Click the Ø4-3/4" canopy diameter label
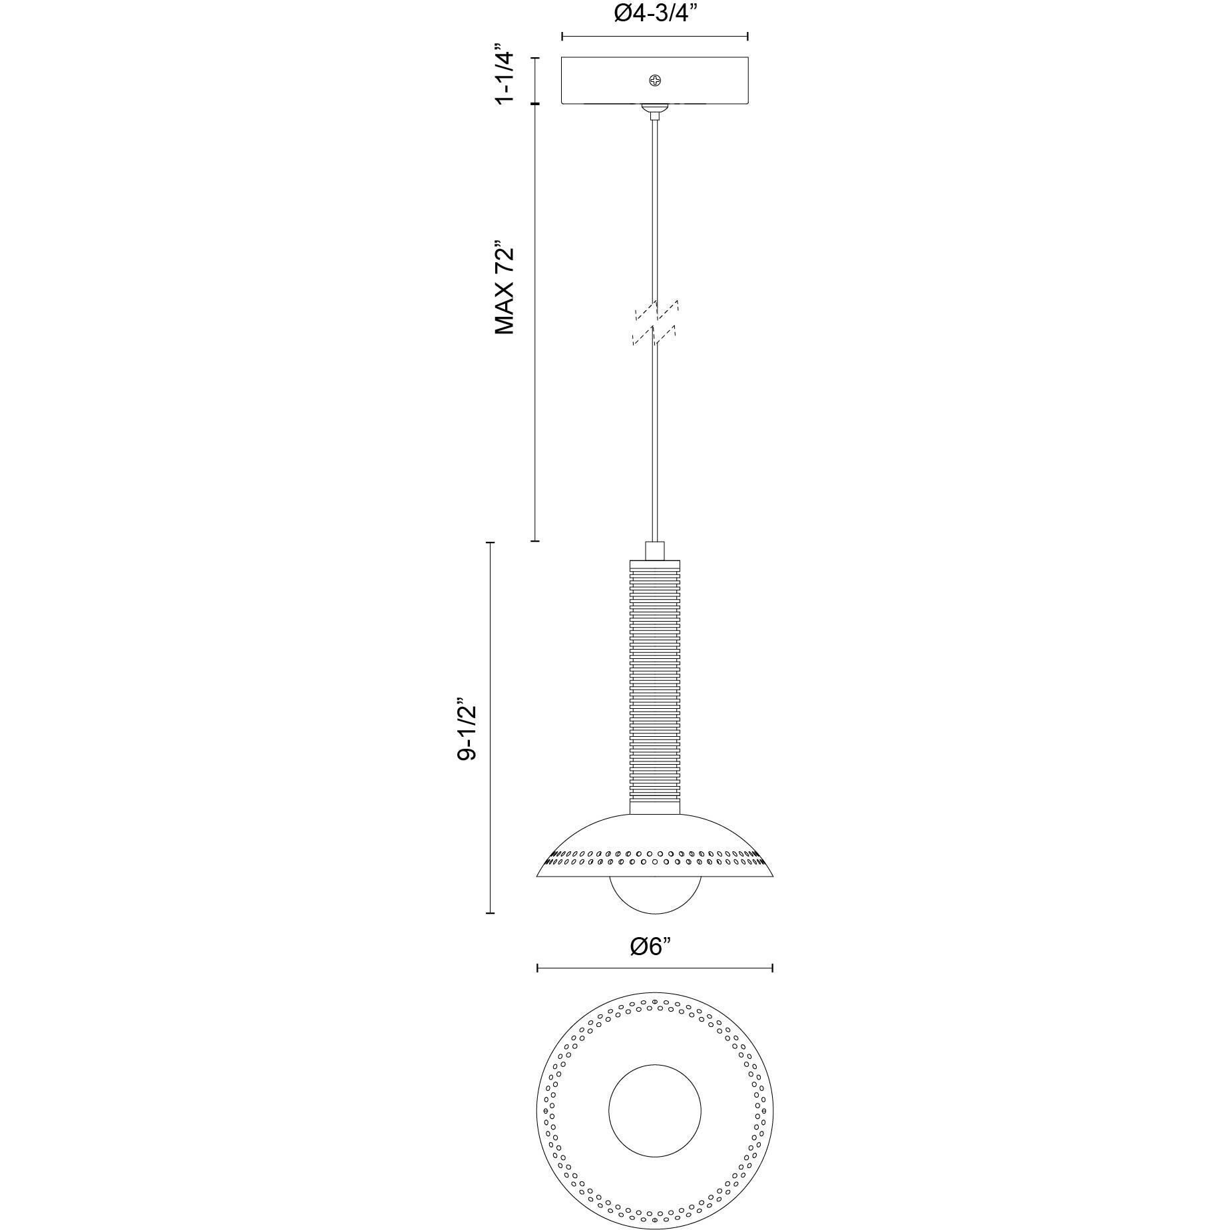pos(655,13)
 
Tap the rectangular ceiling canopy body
pos(655,81)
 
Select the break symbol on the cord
pos(655,322)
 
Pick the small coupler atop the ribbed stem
pos(655,551)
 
